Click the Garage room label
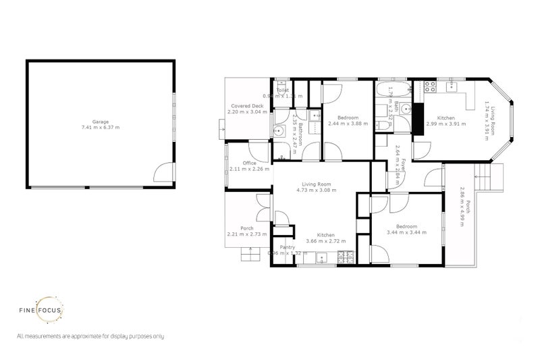point(101,122)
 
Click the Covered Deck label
point(247,107)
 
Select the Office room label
point(249,163)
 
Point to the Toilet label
point(283,90)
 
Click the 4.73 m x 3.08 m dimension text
point(319,190)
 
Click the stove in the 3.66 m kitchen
point(347,257)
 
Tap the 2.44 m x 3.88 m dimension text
point(345,124)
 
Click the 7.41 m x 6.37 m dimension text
point(101,128)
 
